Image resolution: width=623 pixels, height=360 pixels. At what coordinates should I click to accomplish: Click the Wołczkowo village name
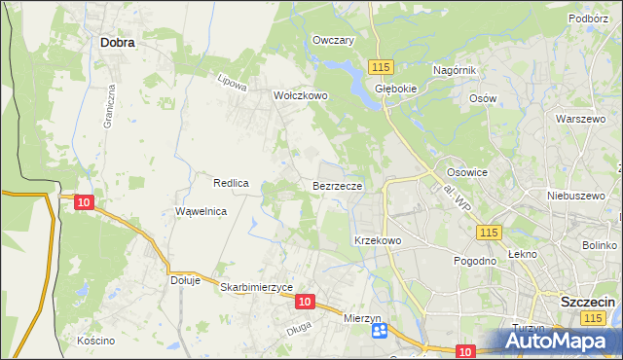tap(301, 96)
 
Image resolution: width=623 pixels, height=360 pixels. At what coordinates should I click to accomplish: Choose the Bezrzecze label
tap(338, 185)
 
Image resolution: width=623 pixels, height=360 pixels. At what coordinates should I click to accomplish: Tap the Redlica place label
tap(232, 182)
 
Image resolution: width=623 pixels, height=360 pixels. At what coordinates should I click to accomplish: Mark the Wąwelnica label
tap(201, 211)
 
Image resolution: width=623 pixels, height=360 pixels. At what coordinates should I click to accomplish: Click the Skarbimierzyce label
tap(257, 288)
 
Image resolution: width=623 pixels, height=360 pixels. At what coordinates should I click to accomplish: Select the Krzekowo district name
tap(378, 239)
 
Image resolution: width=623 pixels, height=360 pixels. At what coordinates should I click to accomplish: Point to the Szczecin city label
tap(588, 303)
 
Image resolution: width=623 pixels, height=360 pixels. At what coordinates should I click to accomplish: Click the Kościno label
tap(96, 341)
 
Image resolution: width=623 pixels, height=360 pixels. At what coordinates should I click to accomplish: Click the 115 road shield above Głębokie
tap(381, 65)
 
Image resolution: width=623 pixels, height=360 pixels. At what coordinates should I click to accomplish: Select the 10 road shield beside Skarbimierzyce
tap(305, 303)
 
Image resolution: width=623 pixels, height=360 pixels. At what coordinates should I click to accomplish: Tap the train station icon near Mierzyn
tap(380, 332)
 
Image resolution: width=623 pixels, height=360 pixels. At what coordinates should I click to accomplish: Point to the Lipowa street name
tap(233, 83)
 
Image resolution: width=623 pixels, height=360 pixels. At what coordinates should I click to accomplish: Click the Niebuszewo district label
tap(571, 195)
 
